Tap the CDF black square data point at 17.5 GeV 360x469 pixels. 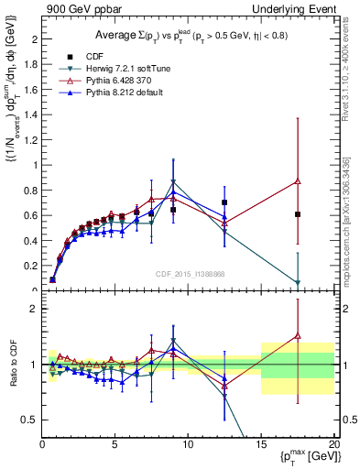[x=298, y=214]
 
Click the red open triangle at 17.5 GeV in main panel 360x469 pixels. [x=298, y=181]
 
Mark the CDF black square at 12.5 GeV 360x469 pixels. [x=224, y=202]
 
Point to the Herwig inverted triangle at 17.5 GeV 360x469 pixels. [x=298, y=283]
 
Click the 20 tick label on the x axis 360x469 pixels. [x=333, y=443]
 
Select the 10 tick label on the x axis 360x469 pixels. [x=188, y=443]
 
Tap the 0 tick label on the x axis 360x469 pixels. [x=42, y=443]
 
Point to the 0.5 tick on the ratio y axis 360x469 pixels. [x=30, y=420]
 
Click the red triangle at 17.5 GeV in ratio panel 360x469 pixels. [x=298, y=336]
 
